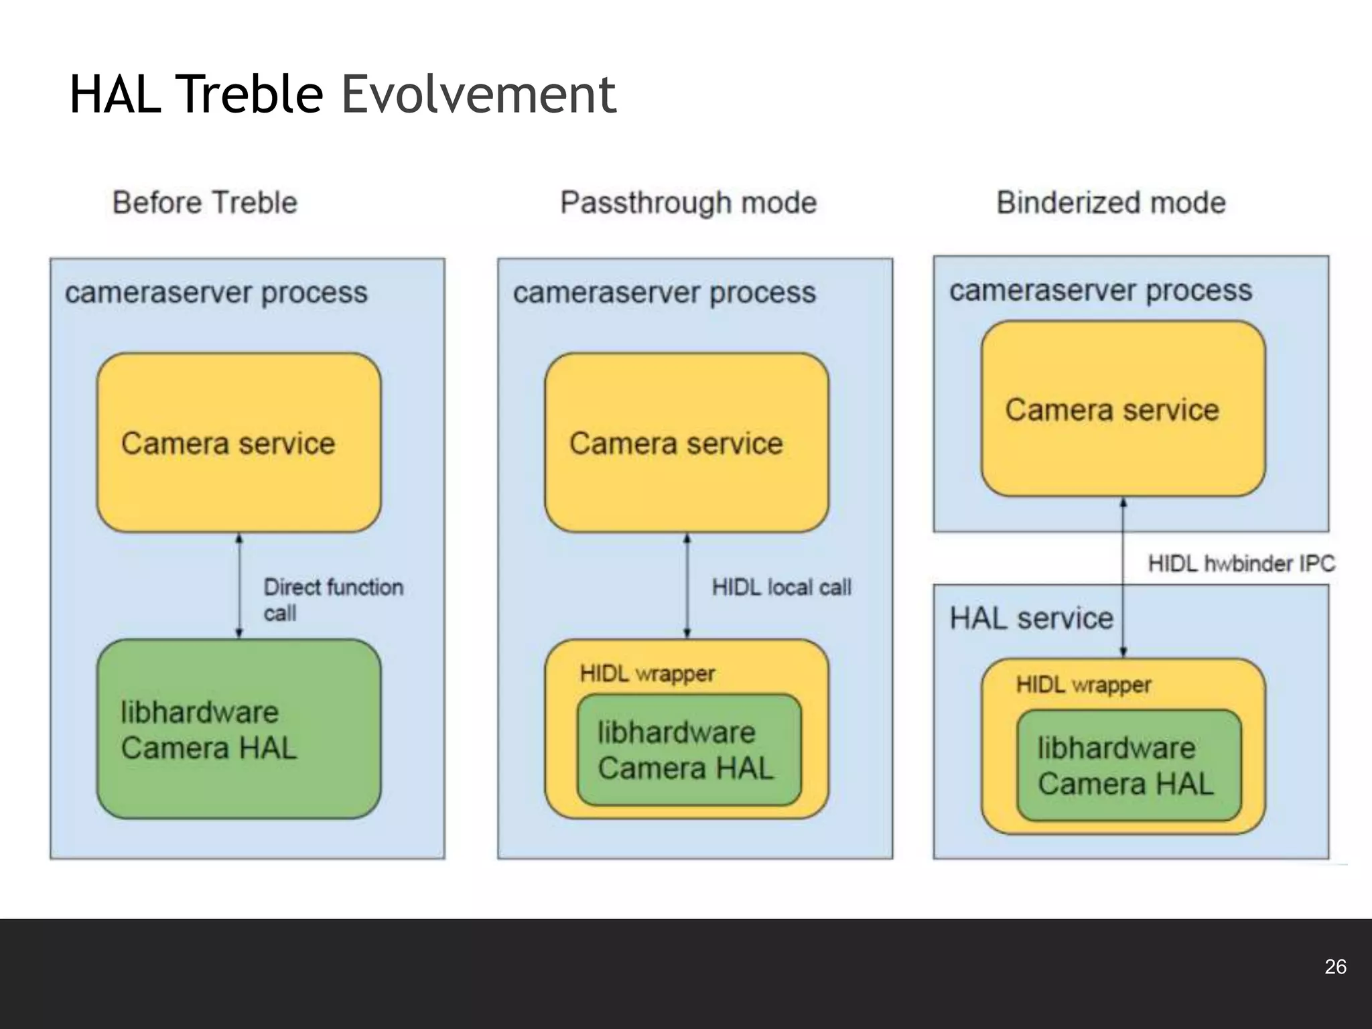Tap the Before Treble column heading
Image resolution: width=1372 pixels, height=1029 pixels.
204,202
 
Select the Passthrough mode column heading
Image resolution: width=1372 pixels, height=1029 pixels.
688,202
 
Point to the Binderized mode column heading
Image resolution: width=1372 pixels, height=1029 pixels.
1111,202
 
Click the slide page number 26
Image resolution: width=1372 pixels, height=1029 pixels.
1335,967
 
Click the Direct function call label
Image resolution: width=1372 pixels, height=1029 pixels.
333,600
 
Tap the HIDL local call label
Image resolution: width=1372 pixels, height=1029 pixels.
781,588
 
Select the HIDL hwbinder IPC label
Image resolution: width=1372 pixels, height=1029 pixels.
1241,563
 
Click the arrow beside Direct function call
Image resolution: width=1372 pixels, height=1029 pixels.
239,586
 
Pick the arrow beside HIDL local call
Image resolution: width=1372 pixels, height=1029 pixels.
687,586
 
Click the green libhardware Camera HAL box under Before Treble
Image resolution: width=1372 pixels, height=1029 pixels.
238,729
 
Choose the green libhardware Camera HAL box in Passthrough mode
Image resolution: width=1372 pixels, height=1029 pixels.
689,750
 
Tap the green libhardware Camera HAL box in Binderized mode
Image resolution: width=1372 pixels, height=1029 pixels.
1128,765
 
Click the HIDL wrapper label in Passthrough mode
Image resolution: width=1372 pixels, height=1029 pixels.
647,673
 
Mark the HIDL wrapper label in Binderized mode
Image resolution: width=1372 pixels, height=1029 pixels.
1083,685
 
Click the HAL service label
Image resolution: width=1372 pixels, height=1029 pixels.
1030,618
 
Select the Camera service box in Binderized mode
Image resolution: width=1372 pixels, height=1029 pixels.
1123,409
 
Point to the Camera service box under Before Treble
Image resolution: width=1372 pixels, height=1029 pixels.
238,443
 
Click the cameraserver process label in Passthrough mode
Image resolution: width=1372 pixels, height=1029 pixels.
664,293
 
